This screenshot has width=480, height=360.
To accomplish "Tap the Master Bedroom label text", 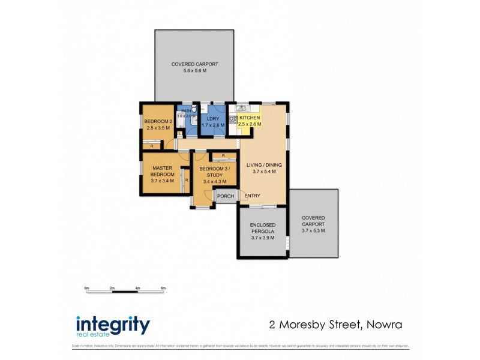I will pos(163,172).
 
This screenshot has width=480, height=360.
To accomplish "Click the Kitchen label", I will pos(250,118).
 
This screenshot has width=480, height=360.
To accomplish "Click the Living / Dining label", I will pos(263,165).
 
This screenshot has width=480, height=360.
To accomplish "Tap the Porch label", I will pos(226,196).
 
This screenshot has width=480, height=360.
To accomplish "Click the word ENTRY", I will pos(253,196).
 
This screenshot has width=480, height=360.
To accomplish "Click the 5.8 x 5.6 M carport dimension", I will pos(194,71).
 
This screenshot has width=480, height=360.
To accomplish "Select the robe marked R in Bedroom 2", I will pos(152,146).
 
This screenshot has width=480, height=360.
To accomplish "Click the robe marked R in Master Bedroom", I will pos(187,179).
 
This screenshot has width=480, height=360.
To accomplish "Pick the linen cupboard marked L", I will pos(181,133).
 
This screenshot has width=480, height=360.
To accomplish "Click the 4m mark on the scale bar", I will pos(137,289).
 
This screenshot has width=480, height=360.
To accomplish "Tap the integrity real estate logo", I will pos(112,326).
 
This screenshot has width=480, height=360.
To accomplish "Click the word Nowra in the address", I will pos(382,325).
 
